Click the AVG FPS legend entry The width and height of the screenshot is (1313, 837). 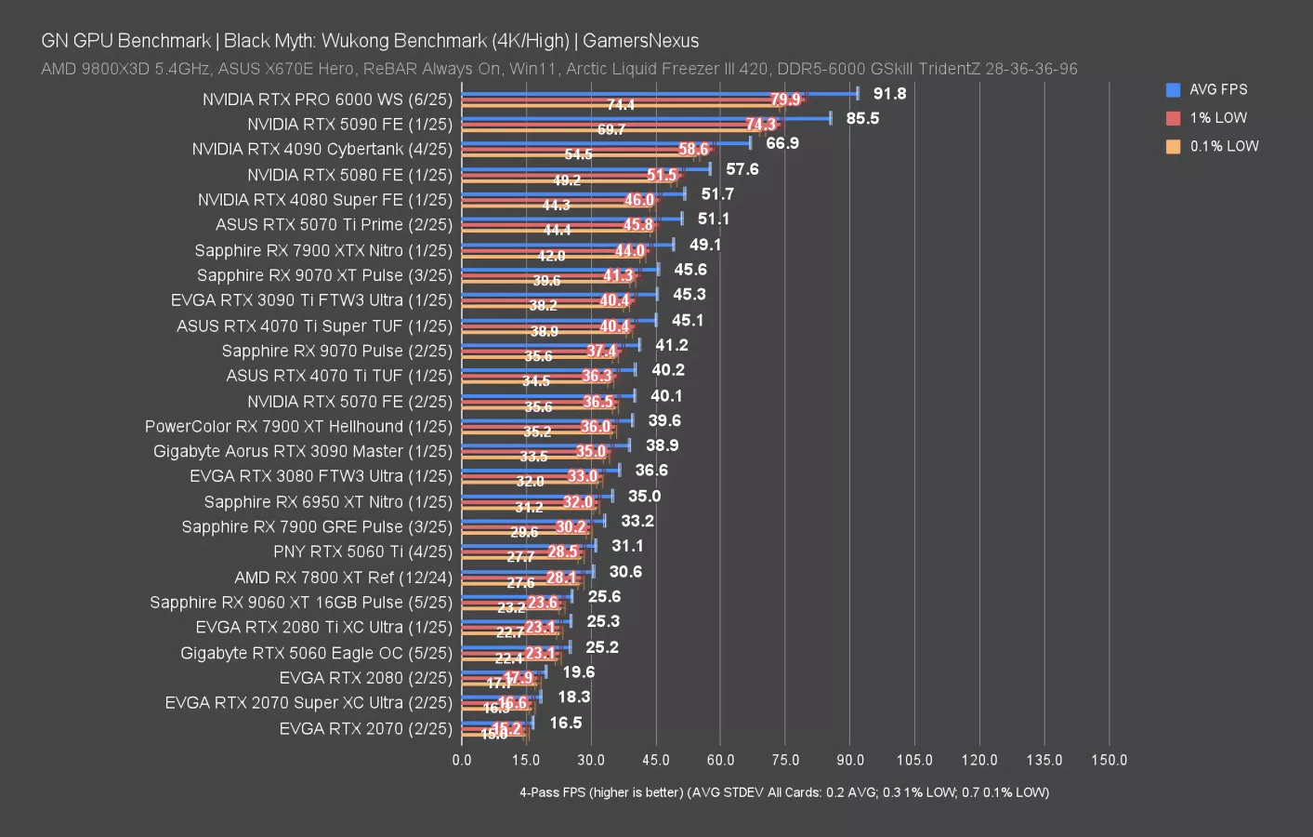point(1217,89)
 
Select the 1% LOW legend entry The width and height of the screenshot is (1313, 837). point(1217,118)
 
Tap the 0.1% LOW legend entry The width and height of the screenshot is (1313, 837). point(1224,146)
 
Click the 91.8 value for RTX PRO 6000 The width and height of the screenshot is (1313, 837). point(889,93)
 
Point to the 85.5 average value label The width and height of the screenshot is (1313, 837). point(862,118)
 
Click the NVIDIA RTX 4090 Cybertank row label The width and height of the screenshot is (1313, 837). point(322,149)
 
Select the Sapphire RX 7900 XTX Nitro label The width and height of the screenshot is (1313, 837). point(323,250)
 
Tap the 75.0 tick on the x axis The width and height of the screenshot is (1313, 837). point(785,760)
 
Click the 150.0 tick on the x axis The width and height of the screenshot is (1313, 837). point(1109,760)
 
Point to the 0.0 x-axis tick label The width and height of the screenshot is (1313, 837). point(462,760)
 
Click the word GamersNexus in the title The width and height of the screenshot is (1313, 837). point(640,41)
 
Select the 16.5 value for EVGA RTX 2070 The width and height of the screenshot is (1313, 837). point(565,723)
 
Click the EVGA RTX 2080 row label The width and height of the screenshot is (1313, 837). point(365,678)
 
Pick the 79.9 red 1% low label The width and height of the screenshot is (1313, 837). point(785,100)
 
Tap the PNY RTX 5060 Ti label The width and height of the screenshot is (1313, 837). point(362,551)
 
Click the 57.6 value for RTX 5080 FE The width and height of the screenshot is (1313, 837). point(742,169)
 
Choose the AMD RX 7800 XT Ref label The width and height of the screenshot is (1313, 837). point(343,578)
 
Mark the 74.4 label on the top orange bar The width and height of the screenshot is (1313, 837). point(621,105)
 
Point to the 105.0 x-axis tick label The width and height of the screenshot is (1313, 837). point(914,760)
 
